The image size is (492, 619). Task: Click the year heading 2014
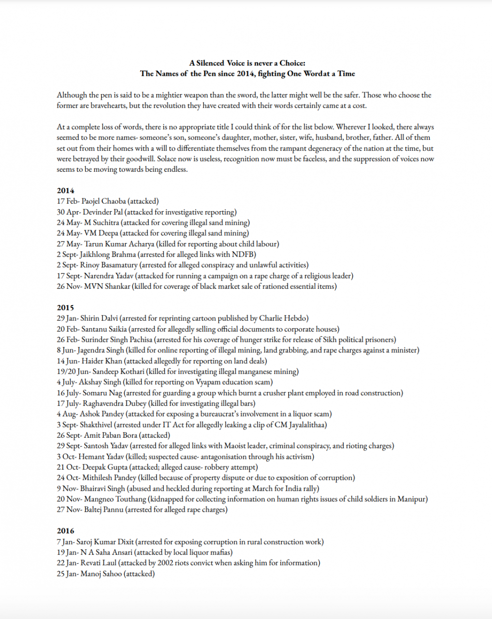point(65,191)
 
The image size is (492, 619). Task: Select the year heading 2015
point(65,308)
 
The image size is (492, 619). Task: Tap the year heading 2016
point(65,531)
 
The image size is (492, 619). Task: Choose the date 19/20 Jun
point(72,371)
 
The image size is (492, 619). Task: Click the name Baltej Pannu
point(103,510)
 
